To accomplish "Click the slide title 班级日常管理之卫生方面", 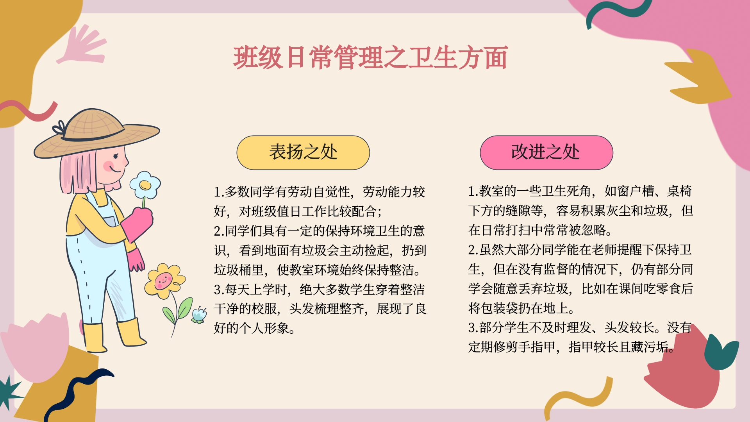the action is click(x=370, y=57).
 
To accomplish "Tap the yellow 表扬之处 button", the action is click(x=303, y=152).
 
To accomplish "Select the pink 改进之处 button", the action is click(x=546, y=152).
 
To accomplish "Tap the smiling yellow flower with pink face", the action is click(x=164, y=281).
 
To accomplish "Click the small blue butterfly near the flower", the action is click(x=199, y=315).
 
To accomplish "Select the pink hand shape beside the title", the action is click(x=83, y=45).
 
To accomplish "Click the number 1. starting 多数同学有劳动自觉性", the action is click(x=219, y=192).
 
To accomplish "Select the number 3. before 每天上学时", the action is click(x=219, y=290).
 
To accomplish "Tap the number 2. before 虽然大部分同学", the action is click(x=473, y=250).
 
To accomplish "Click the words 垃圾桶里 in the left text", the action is click(x=239, y=270).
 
